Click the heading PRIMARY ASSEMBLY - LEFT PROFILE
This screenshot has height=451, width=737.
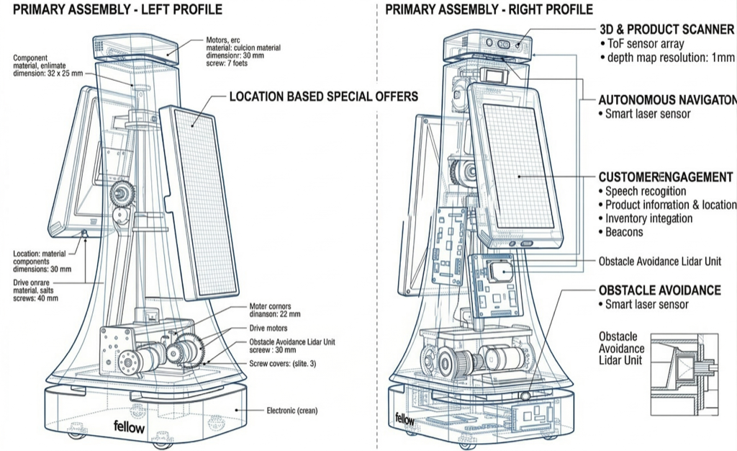(x=117, y=9)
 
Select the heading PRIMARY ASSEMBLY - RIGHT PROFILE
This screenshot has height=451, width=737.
(x=489, y=9)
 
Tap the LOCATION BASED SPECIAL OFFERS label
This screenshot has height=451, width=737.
(x=323, y=97)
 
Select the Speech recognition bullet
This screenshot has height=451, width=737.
(x=645, y=191)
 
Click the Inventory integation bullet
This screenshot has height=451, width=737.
(x=648, y=218)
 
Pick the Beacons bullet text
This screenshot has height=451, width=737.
(x=624, y=232)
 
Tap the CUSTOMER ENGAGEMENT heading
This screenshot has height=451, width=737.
(x=666, y=177)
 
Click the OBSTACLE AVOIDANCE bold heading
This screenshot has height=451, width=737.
(x=659, y=290)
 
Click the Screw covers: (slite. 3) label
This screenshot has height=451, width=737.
(x=283, y=365)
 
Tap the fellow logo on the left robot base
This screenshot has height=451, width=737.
(x=129, y=427)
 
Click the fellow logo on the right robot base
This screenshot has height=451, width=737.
(x=405, y=419)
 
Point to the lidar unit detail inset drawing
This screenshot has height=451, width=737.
(x=684, y=374)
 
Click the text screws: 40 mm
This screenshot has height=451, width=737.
(x=36, y=298)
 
